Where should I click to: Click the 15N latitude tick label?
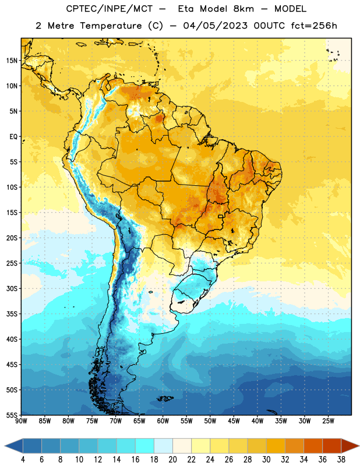coord(12,61)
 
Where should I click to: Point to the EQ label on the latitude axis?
coord(13,137)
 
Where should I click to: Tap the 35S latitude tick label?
coord(12,314)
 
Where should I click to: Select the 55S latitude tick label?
coord(12,415)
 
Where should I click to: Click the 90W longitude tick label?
coord(22,421)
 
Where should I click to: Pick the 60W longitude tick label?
coord(163,421)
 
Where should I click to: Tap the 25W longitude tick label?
coord(328,421)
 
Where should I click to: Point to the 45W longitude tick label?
coord(234,421)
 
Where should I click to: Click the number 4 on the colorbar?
coord(23,460)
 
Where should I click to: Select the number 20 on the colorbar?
coord(172,460)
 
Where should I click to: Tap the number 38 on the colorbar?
coord(341,460)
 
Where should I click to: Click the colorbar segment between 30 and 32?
coord(276,446)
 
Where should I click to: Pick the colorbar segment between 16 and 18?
coord(145,446)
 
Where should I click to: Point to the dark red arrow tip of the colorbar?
coord(351,446)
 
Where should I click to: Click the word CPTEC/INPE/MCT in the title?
coord(110,9)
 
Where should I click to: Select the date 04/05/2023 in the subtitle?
coord(215,26)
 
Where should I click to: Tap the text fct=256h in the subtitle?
coord(314,26)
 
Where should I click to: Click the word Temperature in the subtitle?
coord(111,26)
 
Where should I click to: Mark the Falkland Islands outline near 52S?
coord(165,398)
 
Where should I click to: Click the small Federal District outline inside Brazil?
coord(221,216)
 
